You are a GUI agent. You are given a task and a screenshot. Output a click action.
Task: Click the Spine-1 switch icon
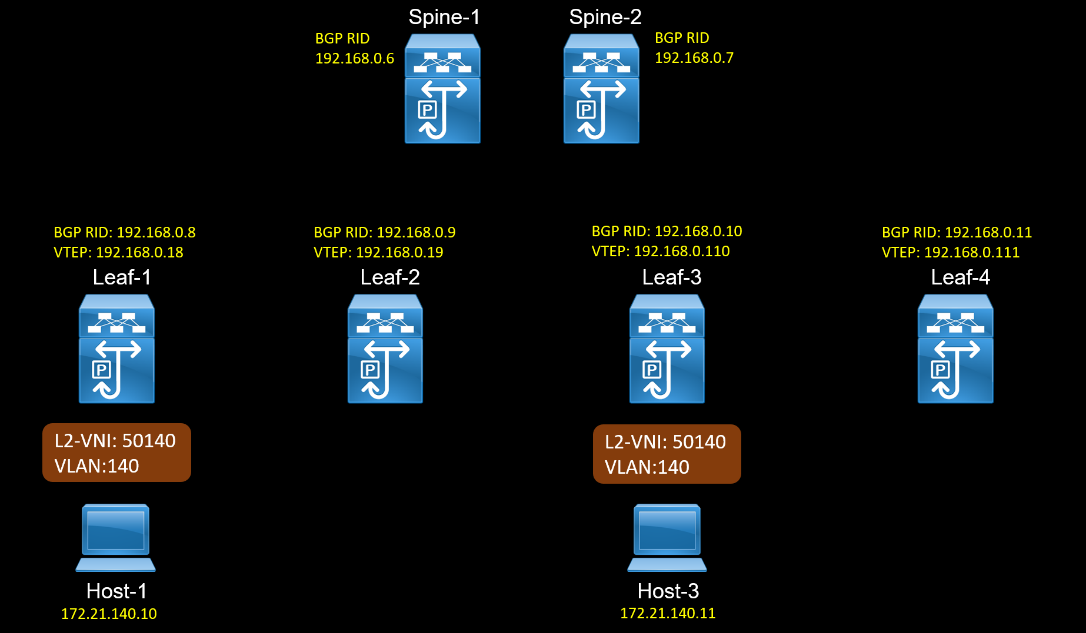pos(442,89)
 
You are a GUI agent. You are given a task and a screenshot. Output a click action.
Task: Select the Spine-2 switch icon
pos(601,89)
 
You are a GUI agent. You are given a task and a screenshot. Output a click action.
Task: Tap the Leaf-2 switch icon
pos(385,349)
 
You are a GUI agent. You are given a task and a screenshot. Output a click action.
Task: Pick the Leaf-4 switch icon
pos(955,349)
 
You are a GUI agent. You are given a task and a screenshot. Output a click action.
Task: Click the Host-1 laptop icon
pos(116,537)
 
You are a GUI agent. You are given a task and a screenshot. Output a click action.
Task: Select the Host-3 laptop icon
pos(667,537)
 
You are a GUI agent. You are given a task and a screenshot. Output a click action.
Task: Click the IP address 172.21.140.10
pos(109,614)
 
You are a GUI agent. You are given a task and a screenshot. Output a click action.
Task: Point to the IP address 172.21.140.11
pos(668,613)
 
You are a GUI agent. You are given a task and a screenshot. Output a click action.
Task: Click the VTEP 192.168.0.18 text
pos(118,252)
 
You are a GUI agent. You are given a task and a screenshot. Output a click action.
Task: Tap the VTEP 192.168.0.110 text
pos(660,251)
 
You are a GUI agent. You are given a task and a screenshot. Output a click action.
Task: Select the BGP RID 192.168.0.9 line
pos(384,232)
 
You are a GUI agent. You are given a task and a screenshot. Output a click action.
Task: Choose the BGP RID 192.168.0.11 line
pos(957,232)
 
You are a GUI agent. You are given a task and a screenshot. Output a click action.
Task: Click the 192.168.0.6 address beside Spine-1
pos(355,58)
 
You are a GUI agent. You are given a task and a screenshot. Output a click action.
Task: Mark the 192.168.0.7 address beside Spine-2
pos(694,58)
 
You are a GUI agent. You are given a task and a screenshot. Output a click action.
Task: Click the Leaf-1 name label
pos(122,277)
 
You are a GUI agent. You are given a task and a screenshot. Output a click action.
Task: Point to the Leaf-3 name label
pos(671,277)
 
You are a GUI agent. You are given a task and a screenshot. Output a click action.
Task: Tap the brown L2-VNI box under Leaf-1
pos(116,453)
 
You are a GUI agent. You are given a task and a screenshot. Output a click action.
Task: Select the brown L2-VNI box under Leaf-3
pos(667,454)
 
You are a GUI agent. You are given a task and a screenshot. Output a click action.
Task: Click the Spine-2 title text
pos(605,17)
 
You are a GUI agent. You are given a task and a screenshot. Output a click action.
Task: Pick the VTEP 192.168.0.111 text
pos(950,252)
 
